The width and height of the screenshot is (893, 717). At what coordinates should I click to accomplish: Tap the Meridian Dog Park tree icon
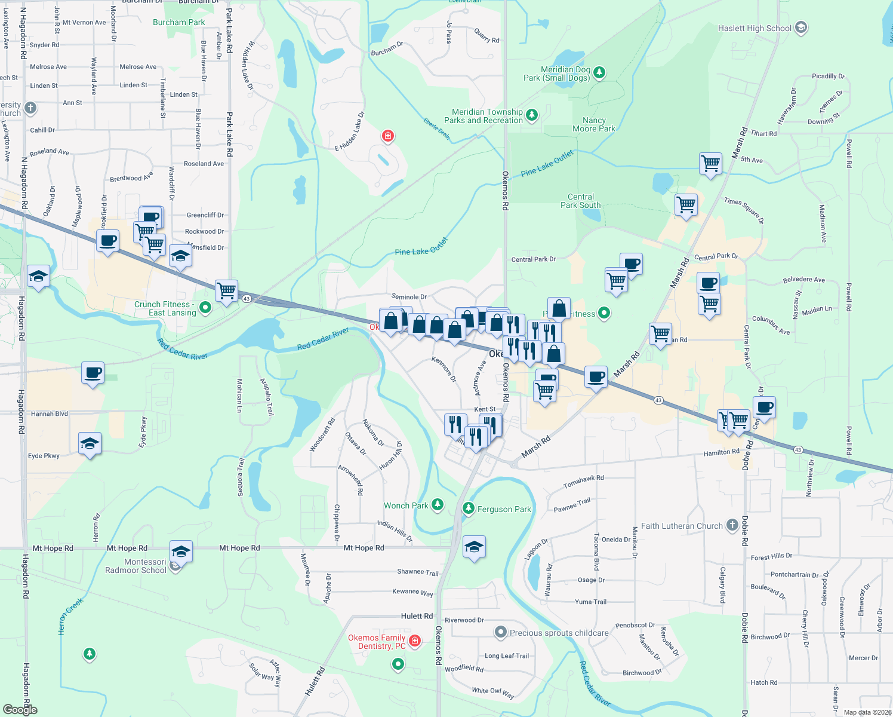(599, 73)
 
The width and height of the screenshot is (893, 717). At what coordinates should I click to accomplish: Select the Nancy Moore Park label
(593, 124)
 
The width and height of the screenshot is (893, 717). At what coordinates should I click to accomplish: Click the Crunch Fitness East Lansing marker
(205, 308)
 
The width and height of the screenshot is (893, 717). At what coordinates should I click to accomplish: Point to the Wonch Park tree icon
(438, 505)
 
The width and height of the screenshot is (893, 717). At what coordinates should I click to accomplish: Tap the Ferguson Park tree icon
(469, 508)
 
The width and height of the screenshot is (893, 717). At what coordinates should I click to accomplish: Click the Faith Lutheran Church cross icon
(732, 526)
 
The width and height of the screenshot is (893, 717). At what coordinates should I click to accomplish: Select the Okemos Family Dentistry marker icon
(415, 641)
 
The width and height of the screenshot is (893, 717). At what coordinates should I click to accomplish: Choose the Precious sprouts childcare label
(559, 633)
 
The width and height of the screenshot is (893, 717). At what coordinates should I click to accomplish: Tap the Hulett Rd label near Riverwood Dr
(417, 616)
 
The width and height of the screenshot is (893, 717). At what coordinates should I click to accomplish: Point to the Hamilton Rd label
(721, 453)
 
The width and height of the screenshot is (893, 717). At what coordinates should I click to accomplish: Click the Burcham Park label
(178, 22)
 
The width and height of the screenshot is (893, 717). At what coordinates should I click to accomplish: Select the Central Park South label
(580, 201)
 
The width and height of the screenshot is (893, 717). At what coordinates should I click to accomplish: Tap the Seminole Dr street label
(409, 297)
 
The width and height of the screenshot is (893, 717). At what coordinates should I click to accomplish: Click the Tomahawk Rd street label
(583, 482)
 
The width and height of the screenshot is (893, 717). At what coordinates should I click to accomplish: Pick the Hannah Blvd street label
(50, 413)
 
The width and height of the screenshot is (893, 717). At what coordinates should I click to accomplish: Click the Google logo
(20, 709)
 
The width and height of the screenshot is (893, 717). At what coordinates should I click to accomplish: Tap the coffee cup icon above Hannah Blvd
(93, 373)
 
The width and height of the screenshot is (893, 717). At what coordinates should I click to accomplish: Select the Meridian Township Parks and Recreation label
(487, 116)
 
